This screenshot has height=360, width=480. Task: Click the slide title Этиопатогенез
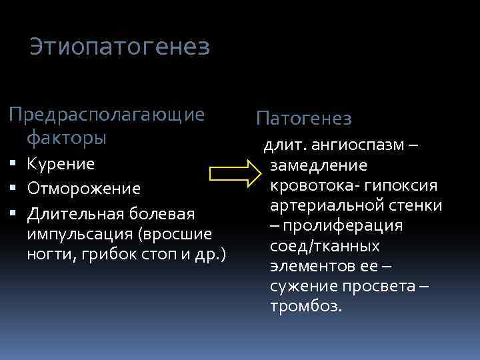tap(120, 47)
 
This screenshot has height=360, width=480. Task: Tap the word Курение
tap(61, 164)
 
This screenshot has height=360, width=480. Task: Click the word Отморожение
tap(84, 189)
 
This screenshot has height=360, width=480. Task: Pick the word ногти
tap(47, 255)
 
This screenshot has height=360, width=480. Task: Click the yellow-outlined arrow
tap(236, 175)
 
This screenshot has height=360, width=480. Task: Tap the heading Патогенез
tap(304, 119)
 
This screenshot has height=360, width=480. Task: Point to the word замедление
tap(319, 165)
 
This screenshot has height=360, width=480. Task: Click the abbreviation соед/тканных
tap(325, 246)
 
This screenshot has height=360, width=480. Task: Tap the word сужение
tap(303, 287)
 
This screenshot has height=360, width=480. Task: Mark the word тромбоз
tap(306, 307)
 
